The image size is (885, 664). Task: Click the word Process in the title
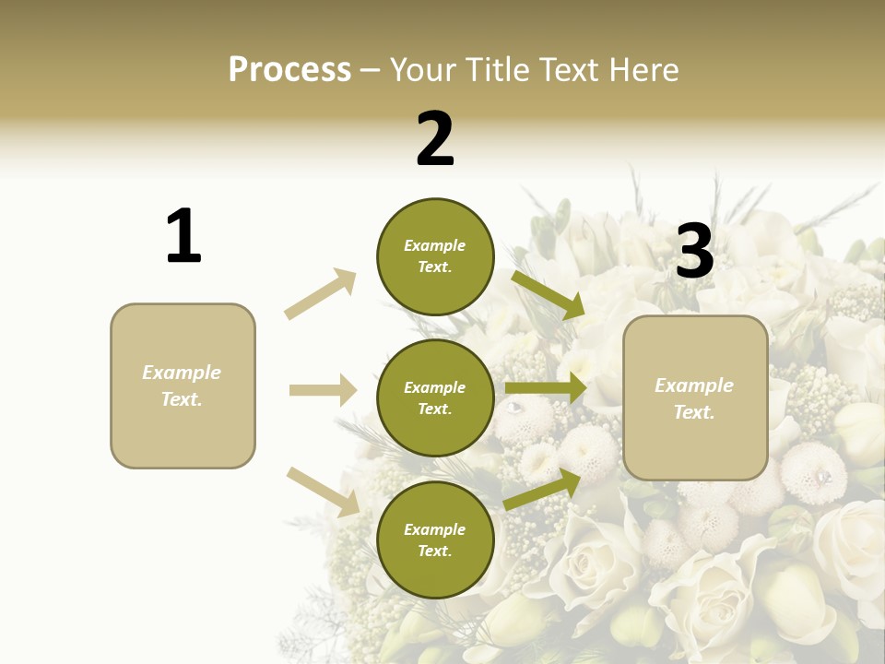289,70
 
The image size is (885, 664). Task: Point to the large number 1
183,236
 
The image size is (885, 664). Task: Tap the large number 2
435,139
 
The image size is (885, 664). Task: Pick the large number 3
694,251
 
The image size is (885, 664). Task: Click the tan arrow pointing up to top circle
321,293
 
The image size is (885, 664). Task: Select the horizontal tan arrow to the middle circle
323,390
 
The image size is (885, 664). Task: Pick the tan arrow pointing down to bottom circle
324,491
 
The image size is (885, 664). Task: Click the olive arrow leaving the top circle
548,294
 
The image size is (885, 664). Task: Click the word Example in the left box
182,373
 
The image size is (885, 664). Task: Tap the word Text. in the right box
694,412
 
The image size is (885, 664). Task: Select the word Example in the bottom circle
435,529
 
